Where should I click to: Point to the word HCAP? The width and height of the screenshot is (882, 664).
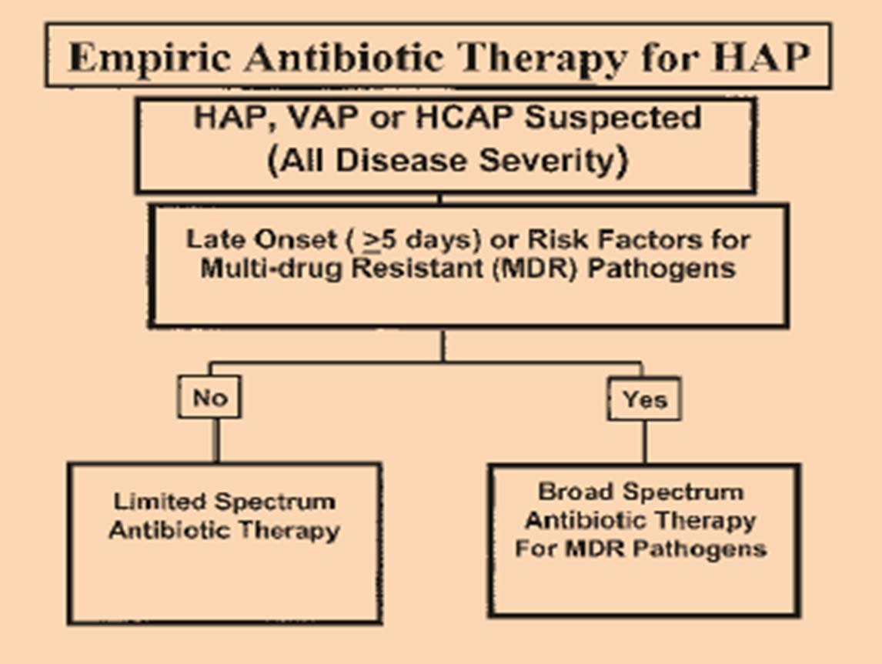463,118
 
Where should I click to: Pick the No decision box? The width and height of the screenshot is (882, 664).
210,397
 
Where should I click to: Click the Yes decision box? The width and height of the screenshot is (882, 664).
645,399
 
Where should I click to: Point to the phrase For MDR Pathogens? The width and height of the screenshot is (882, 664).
640,548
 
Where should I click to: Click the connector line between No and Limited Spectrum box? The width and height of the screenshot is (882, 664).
217,441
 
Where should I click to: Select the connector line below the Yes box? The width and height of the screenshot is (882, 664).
645,442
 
